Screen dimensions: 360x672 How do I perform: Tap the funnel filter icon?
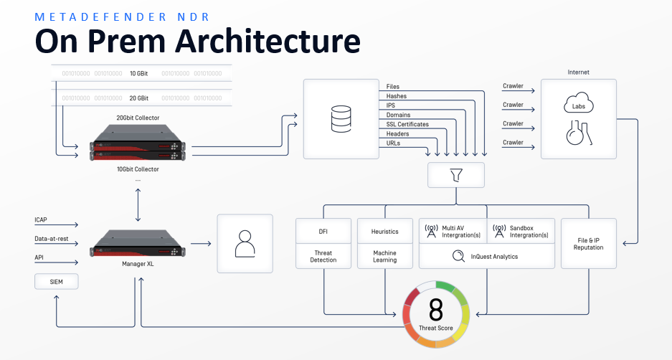(x=455, y=175)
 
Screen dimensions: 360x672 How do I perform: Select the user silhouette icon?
(x=245, y=244)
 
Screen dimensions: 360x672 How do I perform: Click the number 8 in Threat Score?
(x=436, y=311)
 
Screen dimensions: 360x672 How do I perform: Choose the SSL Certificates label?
(x=407, y=124)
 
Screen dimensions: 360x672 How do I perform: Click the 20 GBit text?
(x=139, y=98)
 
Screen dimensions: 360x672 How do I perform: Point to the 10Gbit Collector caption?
(x=138, y=169)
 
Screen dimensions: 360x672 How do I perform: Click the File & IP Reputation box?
(x=588, y=242)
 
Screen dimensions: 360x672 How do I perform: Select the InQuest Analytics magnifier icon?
(x=457, y=256)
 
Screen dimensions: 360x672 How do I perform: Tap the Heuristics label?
(x=385, y=232)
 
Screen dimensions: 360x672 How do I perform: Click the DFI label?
(x=323, y=232)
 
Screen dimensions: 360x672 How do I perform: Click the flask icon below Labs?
(x=578, y=133)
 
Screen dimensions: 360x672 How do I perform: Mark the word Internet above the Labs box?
(x=578, y=72)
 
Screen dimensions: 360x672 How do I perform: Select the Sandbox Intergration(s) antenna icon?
(x=498, y=231)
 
